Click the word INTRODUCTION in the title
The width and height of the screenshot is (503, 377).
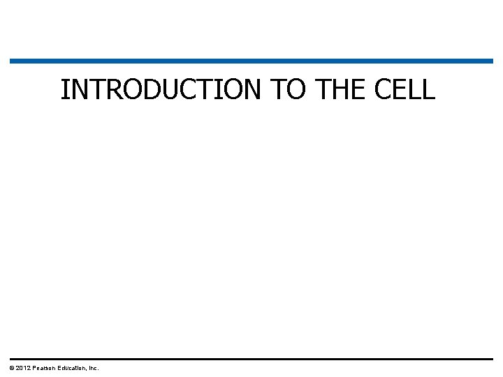[x=161, y=90]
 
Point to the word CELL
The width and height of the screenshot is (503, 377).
[x=404, y=90]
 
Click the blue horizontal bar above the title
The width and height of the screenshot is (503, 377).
[x=251, y=61]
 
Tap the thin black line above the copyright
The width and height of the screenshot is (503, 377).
[x=251, y=359]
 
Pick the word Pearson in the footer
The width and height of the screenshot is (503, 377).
[x=44, y=368]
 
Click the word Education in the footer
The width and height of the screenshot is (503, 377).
[x=73, y=368]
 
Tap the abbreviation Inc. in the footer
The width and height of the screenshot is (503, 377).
[x=94, y=368]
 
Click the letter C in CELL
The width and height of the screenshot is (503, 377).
[x=384, y=90]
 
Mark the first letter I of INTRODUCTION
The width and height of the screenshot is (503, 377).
[x=64, y=90]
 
